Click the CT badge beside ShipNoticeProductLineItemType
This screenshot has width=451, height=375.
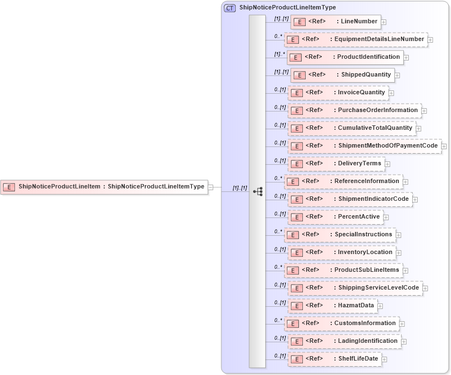230,8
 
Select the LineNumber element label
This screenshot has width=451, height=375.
359,22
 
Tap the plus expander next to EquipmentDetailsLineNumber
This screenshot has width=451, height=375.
430,40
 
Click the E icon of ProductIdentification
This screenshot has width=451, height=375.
295,57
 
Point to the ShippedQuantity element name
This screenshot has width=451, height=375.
366,75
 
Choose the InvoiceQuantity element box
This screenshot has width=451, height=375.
338,93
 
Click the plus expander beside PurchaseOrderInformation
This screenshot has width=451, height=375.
424,111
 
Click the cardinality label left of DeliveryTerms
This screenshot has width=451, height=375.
280,161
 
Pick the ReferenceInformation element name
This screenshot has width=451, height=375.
366,181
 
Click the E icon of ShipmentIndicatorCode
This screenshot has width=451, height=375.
297,199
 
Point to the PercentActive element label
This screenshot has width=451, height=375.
360,216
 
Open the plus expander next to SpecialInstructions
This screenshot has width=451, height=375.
399,235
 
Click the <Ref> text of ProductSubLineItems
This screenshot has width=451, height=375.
311,270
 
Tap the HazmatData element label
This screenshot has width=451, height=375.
357,306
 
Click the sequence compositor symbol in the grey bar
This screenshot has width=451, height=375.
257,191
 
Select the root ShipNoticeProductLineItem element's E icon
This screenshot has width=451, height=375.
9,187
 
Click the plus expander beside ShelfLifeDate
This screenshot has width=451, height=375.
384,359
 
